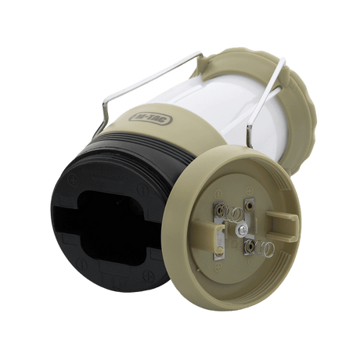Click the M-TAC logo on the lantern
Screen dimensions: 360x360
coord(150,119)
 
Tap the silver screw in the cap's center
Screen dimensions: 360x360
coord(240,229)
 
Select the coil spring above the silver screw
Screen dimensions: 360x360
coord(231,212)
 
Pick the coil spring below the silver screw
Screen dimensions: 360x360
coord(261,248)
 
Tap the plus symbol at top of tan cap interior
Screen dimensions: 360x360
coord(250,189)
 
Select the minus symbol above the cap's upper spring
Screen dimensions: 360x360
coord(218,194)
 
